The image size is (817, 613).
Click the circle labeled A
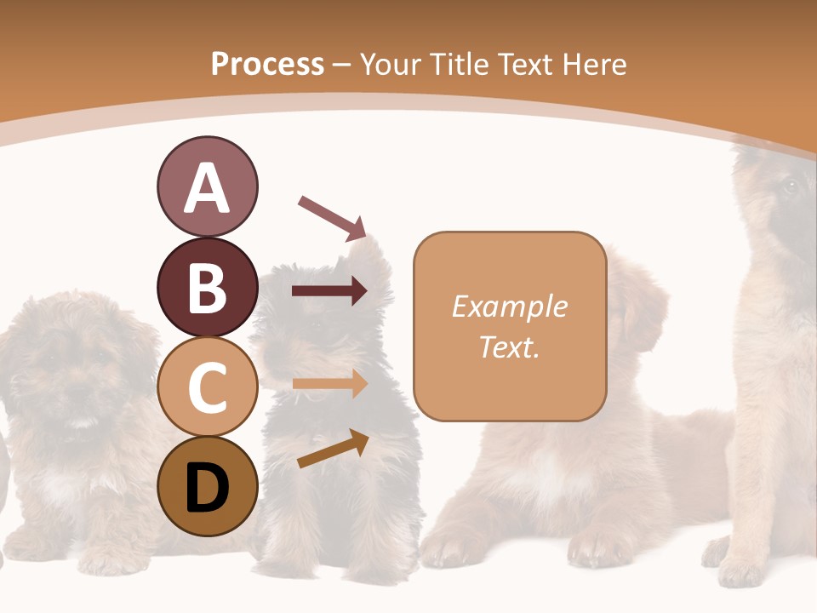point(207,187)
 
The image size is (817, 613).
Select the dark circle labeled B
point(207,287)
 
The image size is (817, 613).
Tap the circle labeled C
point(207,387)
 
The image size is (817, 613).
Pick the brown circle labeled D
point(207,486)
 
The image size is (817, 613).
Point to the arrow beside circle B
point(329,292)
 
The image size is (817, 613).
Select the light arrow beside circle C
point(329,385)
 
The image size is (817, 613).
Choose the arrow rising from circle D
point(332,450)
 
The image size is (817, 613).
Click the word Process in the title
point(267,64)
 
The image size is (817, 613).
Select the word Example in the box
point(509,306)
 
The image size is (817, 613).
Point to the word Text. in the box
point(509,347)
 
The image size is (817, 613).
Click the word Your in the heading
point(392,64)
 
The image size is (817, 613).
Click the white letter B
point(207,288)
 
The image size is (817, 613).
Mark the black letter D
point(207,487)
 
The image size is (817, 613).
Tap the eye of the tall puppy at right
point(790,186)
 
